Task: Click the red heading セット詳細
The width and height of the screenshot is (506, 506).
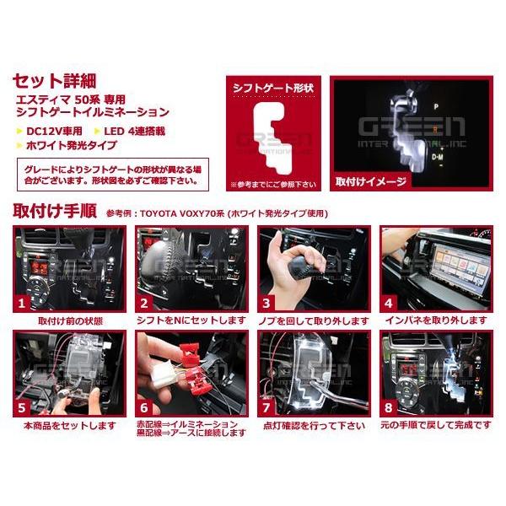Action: (55, 82)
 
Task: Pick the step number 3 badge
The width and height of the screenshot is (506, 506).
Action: (267, 302)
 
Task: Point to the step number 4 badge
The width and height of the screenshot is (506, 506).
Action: (389, 302)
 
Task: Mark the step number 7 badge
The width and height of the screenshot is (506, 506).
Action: (267, 406)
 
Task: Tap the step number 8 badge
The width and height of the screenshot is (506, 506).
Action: (389, 406)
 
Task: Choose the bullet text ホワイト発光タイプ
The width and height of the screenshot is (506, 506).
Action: (66, 145)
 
